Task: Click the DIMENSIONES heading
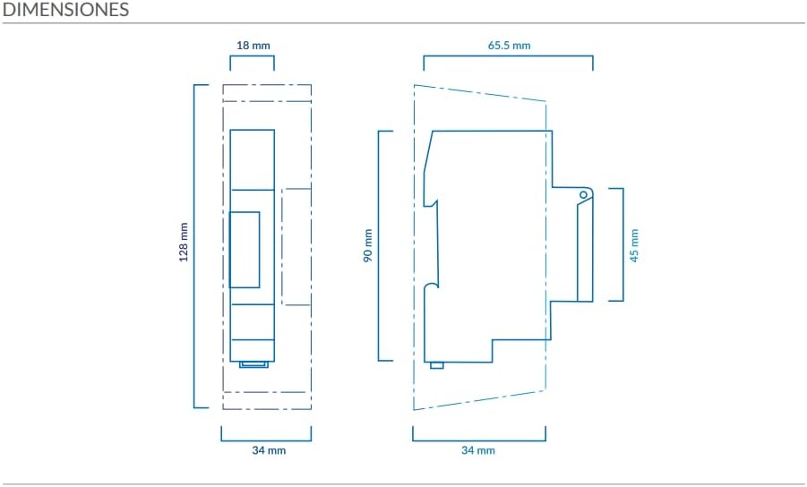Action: point(65,9)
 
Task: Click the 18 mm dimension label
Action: point(253,46)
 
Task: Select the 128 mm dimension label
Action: point(184,242)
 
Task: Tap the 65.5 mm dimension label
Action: point(509,46)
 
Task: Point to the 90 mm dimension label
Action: point(368,246)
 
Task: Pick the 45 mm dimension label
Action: point(634,246)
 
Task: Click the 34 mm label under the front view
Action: point(269,450)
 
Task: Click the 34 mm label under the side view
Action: point(478,450)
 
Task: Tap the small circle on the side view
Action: point(583,195)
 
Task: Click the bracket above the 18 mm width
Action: point(252,56)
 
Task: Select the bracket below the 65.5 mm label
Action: point(509,56)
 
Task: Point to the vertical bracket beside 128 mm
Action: point(194,246)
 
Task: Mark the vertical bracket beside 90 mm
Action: point(379,246)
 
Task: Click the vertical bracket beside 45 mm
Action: point(622,244)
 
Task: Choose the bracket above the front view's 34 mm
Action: point(266,440)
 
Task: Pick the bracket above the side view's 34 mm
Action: point(478,440)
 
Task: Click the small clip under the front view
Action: point(253,364)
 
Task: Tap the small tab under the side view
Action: point(437,365)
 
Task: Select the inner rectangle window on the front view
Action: point(244,250)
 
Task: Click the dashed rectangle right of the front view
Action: point(282,247)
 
